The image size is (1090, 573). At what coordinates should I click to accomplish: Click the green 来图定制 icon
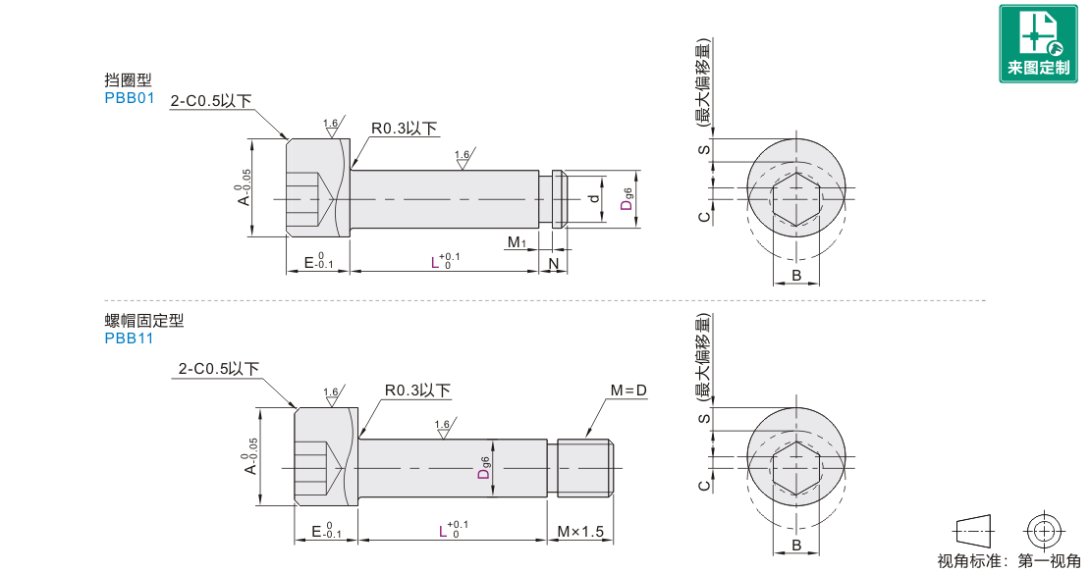1038,44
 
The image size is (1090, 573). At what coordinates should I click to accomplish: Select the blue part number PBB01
130,98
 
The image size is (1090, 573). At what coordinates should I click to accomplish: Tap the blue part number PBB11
129,339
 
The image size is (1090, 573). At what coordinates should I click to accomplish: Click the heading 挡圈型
128,80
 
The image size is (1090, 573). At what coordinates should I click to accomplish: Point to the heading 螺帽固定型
144,321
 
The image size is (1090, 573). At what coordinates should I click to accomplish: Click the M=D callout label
628,391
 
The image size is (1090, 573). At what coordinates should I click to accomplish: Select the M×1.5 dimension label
580,532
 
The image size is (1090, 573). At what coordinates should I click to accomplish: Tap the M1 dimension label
518,242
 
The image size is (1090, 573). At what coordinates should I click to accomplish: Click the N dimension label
554,264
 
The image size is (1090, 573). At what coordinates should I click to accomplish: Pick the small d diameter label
594,198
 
